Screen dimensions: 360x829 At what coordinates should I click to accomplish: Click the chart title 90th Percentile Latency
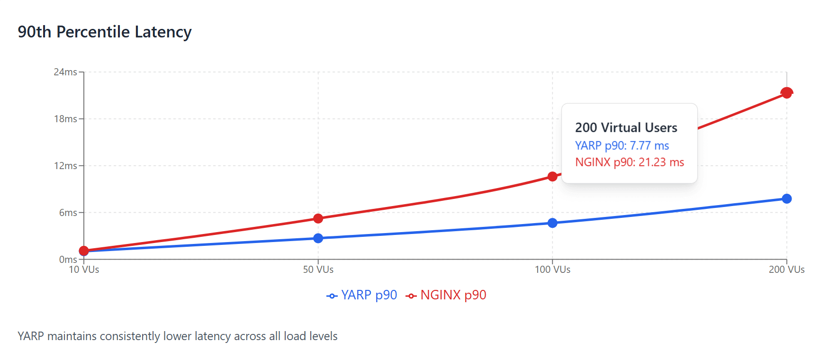click(x=105, y=32)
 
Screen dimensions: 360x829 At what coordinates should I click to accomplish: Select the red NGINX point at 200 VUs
click(x=786, y=93)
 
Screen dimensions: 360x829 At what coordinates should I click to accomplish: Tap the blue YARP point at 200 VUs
click(x=786, y=198)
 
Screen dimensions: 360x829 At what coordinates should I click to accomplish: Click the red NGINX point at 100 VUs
click(x=552, y=176)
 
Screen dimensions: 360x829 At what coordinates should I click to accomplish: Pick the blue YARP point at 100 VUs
click(x=552, y=223)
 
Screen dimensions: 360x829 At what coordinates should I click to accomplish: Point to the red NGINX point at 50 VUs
click(x=318, y=218)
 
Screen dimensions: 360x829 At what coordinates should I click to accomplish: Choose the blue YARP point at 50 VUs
click(x=318, y=238)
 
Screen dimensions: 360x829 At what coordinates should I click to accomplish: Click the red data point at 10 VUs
click(x=84, y=251)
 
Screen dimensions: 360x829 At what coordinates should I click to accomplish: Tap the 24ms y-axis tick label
click(x=65, y=72)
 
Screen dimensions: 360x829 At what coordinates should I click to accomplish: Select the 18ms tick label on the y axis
click(x=65, y=119)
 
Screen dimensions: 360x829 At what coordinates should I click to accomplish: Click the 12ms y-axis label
click(x=65, y=166)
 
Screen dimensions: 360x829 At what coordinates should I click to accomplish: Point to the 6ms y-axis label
click(x=68, y=213)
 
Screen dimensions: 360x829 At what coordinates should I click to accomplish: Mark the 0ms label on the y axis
click(x=68, y=260)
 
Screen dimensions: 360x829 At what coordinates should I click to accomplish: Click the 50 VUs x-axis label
click(x=318, y=270)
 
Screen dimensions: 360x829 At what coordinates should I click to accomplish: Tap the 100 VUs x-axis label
click(x=552, y=270)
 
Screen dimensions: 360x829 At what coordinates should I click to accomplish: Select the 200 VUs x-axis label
click(x=786, y=270)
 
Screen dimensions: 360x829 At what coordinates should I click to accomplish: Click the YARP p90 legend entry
click(x=362, y=295)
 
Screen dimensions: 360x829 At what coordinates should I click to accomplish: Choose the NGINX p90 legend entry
click(x=446, y=295)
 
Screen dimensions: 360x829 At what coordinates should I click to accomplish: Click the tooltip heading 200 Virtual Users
click(x=626, y=127)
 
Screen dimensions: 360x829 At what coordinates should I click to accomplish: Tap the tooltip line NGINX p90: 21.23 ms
click(x=629, y=162)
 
